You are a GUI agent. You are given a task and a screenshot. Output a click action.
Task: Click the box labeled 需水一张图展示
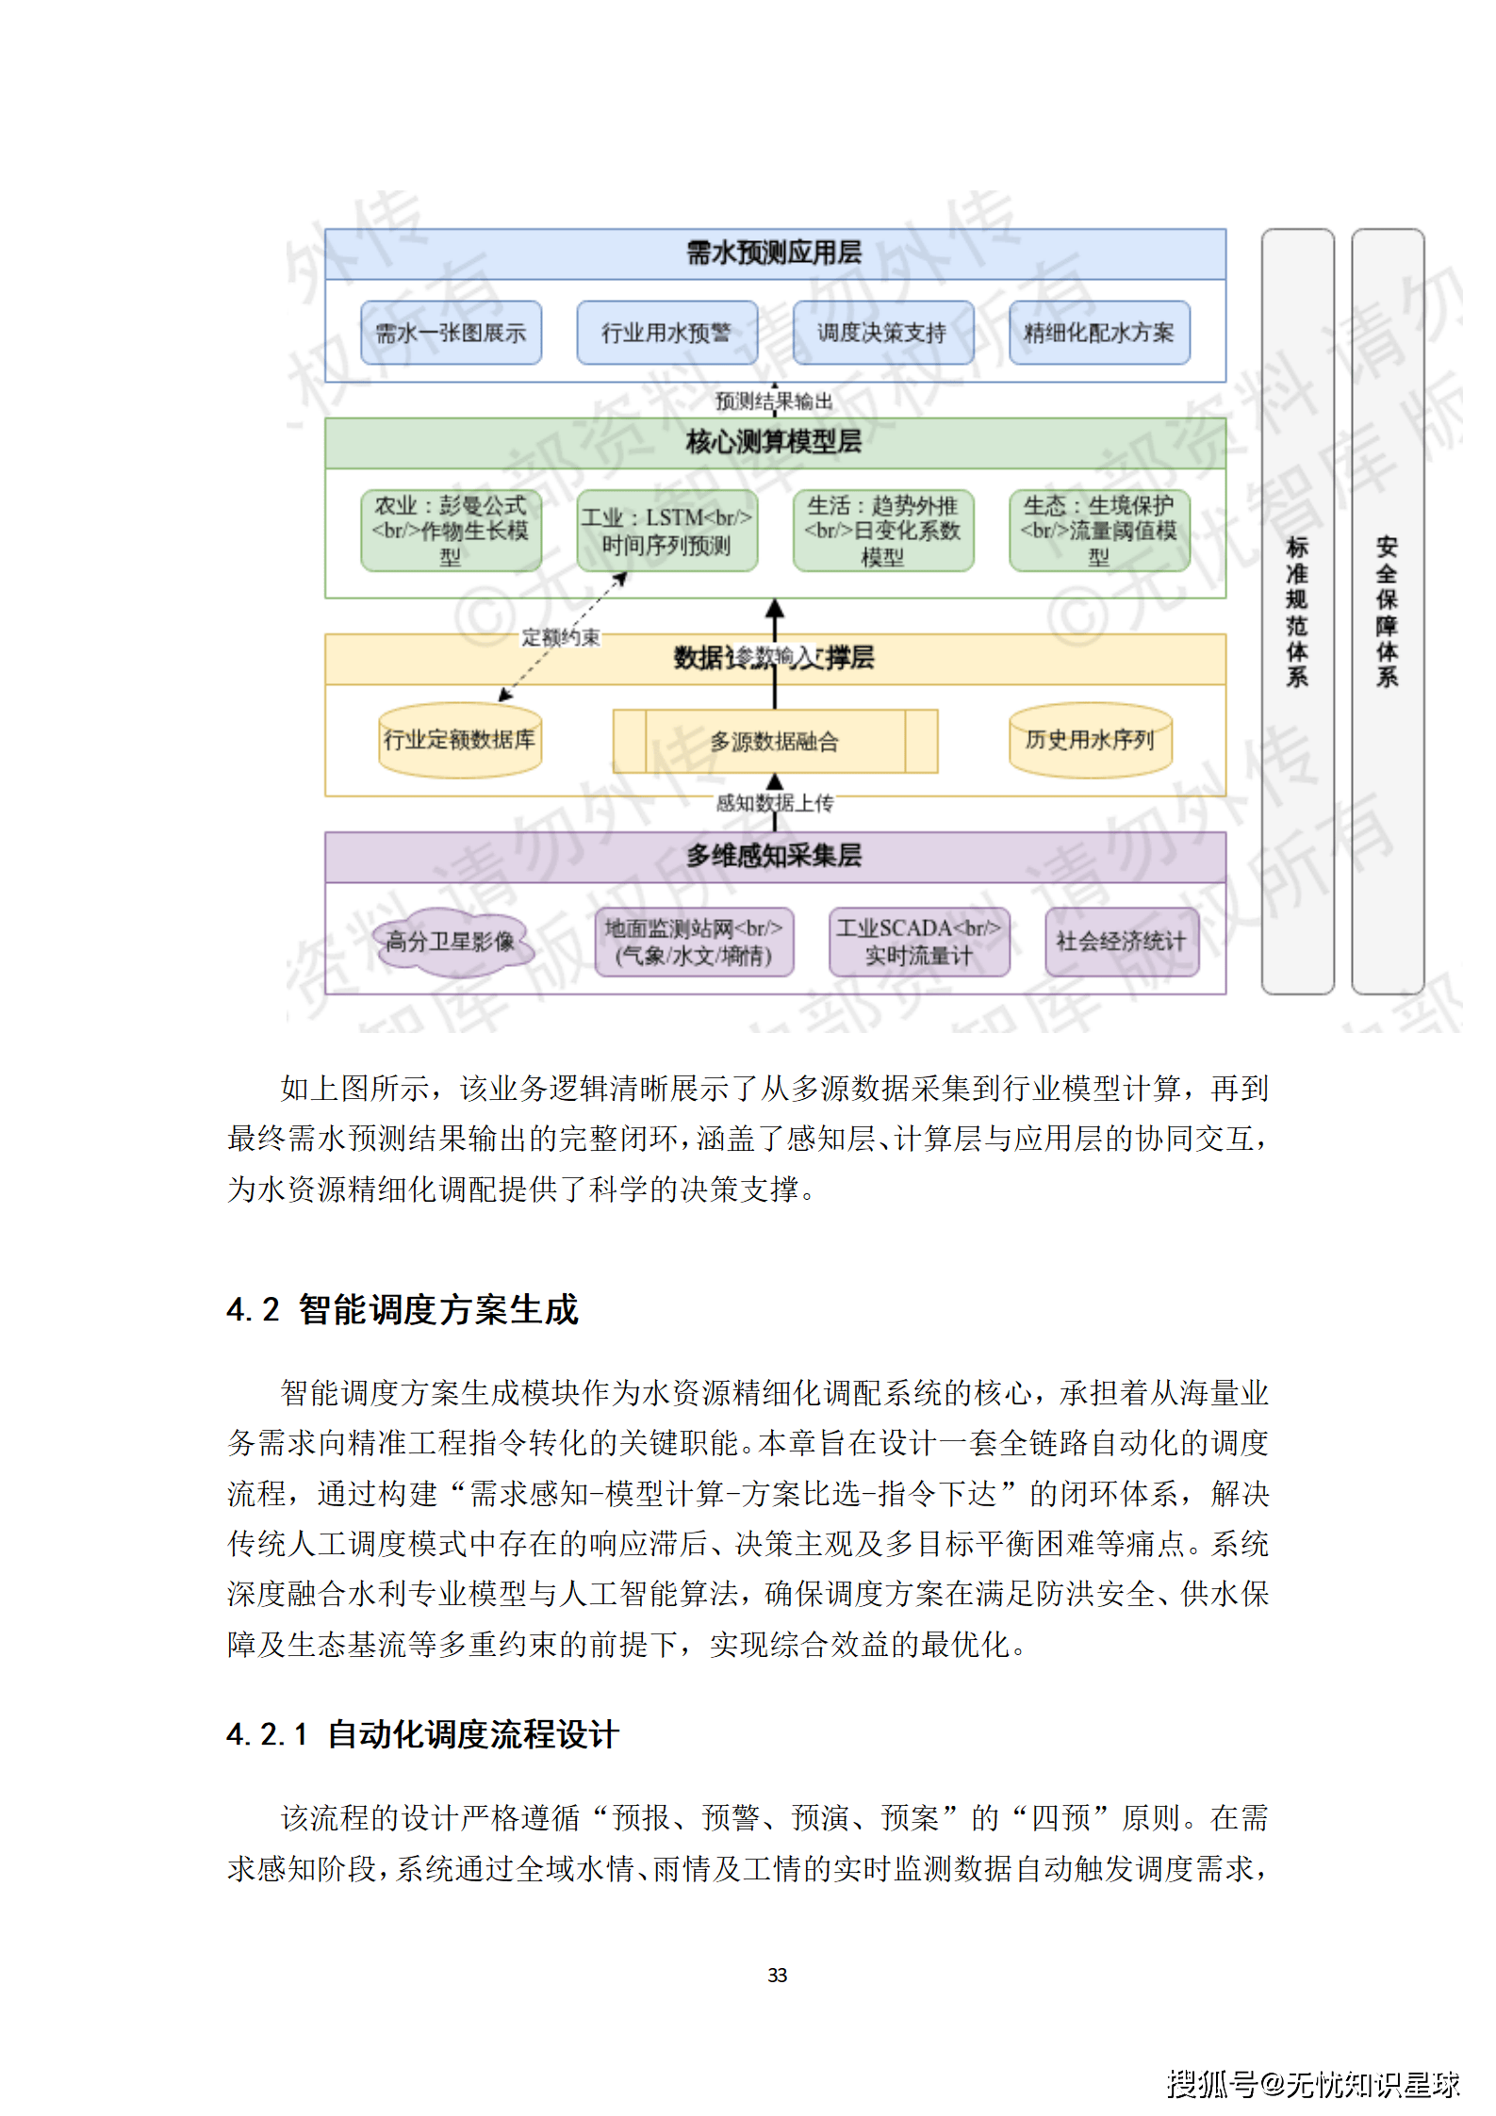(451, 333)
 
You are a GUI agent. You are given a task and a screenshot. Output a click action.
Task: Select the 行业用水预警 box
(666, 333)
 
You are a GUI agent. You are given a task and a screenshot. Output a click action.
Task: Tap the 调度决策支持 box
(882, 333)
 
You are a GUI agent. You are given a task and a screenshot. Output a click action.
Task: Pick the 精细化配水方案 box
(1099, 333)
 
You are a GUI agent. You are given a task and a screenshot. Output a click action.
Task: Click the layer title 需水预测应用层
(774, 254)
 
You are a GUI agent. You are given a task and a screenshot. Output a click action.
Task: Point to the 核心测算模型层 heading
(774, 442)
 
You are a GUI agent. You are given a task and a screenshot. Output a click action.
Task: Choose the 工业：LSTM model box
(666, 531)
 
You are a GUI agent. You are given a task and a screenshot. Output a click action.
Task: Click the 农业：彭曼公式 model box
(451, 531)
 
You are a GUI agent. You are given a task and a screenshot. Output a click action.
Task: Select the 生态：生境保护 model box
(1099, 531)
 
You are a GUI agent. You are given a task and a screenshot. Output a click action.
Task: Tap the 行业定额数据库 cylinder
(459, 740)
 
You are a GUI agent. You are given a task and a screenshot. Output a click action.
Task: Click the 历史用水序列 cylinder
(1090, 740)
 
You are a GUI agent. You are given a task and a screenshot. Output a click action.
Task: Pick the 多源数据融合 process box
(774, 742)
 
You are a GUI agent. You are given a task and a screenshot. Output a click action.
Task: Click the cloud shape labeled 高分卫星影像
(451, 941)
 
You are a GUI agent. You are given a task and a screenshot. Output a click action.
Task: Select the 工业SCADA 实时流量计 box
(918, 942)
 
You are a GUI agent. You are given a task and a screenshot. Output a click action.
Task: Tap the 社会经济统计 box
(1121, 942)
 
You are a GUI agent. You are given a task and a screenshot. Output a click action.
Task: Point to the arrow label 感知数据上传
(774, 803)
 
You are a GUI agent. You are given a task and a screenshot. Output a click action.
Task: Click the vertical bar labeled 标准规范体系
(1297, 611)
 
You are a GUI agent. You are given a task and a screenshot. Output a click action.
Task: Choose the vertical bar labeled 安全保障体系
(1387, 611)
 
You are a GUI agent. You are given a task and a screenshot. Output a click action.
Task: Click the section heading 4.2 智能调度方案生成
(403, 1309)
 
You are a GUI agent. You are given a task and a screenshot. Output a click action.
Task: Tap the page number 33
(777, 1975)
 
